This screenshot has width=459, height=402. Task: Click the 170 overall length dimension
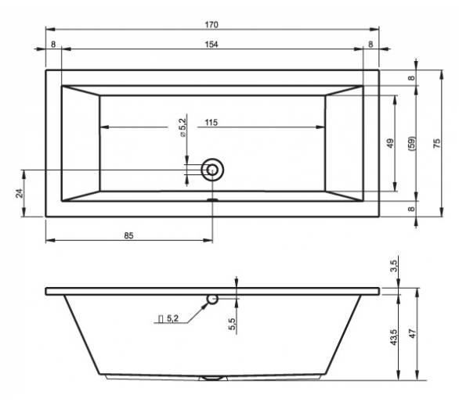click(x=211, y=25)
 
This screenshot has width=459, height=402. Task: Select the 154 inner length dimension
click(x=211, y=45)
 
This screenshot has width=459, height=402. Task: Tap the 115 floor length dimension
click(x=211, y=123)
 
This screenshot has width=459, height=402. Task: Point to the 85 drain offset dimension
click(x=128, y=235)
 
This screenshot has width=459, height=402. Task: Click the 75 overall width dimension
click(x=436, y=143)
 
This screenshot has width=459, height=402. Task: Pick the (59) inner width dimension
click(x=411, y=143)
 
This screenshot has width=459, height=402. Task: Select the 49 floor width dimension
click(x=390, y=143)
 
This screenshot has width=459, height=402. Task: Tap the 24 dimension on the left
click(x=20, y=193)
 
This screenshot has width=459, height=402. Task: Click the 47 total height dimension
click(x=413, y=334)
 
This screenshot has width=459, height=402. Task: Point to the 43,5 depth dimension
click(x=394, y=337)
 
